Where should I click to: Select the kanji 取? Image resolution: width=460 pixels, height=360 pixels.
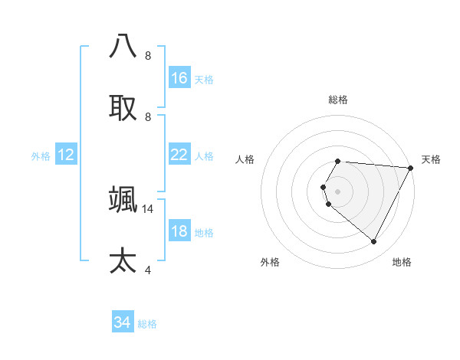point(123,107)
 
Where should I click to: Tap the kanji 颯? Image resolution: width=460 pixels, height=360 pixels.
point(123,199)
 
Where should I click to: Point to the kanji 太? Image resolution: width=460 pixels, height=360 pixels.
point(123,260)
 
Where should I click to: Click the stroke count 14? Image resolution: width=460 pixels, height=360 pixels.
point(148,208)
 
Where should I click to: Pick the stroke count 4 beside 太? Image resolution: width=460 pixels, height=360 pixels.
point(148,270)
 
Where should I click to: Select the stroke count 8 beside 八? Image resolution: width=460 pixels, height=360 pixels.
point(148,55)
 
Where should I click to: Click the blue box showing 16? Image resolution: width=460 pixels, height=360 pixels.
point(179,78)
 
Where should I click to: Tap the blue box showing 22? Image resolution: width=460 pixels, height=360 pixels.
point(179,155)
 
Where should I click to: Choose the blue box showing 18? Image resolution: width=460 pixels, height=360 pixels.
point(179,231)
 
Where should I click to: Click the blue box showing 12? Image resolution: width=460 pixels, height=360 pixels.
point(66,155)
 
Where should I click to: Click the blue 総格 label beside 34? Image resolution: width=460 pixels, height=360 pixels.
point(147,324)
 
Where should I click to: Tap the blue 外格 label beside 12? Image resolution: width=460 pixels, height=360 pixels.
point(41,156)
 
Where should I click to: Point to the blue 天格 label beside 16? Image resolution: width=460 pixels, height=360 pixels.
point(203,80)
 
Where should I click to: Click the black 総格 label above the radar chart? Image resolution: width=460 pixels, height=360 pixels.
point(338,100)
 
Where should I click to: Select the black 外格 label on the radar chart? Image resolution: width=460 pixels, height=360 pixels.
point(270,263)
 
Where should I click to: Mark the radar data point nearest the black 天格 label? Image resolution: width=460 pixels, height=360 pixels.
point(411,168)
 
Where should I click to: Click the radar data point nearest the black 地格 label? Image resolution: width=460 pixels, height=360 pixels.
point(374,242)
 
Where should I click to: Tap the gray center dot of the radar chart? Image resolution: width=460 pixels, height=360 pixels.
point(338,191)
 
